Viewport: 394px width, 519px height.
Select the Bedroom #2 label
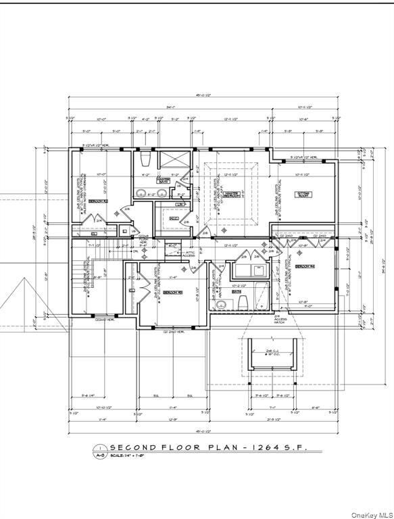point(99,201)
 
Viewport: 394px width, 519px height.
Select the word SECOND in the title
point(134,447)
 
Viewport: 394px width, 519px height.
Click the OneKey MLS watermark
point(371,513)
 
